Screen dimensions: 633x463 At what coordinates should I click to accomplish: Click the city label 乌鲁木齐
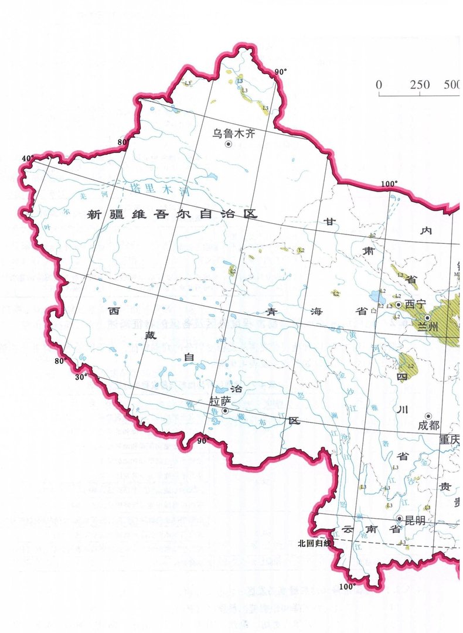tap(234, 134)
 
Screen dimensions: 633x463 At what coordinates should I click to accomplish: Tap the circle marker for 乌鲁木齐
tap(228, 144)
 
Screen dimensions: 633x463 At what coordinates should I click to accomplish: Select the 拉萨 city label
tap(220, 401)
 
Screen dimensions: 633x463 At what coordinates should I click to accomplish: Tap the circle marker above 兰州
tap(427, 317)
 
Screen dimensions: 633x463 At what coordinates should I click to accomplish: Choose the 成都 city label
tap(428, 426)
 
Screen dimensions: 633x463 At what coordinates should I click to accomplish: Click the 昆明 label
tap(414, 519)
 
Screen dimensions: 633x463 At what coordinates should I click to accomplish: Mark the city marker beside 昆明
tap(400, 519)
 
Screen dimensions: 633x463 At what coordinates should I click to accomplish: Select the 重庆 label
tap(450, 440)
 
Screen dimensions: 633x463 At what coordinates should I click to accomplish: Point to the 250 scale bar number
tap(420, 86)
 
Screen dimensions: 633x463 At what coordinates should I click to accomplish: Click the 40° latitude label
tap(27, 159)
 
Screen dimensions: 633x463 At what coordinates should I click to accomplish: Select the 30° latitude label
tap(80, 377)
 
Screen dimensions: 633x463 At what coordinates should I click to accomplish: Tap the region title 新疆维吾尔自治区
tap(172, 215)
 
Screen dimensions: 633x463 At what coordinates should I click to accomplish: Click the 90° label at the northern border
tap(281, 72)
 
